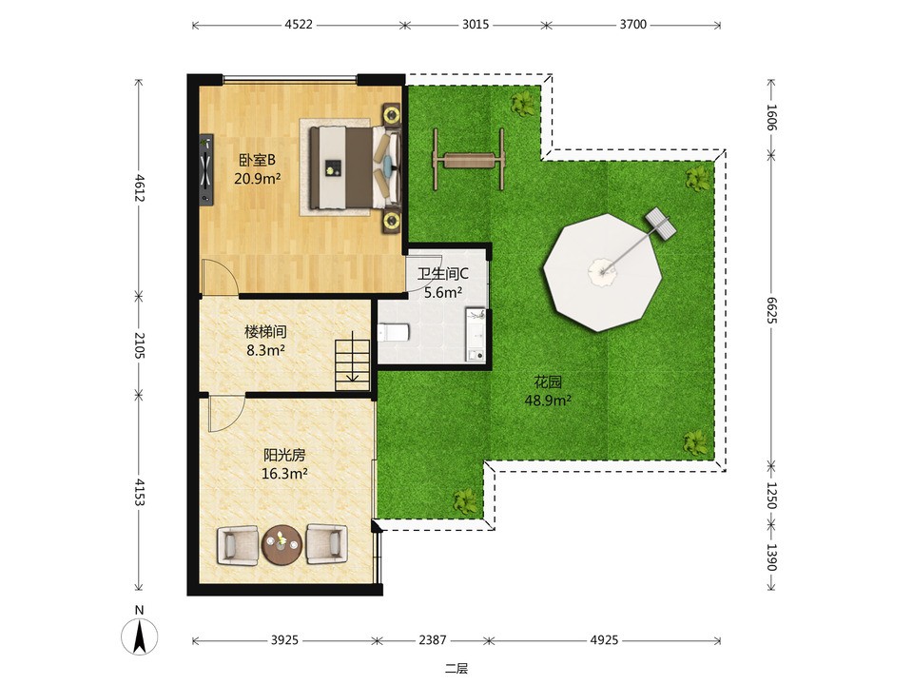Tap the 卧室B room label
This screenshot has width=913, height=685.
click(x=257, y=160)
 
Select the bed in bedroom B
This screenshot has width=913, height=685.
click(x=355, y=167)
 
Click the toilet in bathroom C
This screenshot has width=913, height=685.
click(x=394, y=332)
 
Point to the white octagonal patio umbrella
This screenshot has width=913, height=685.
click(x=603, y=272)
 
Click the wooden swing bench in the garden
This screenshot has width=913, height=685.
click(x=468, y=159)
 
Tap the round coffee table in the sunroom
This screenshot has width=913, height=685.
click(x=282, y=544)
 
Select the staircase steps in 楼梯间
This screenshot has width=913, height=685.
click(x=352, y=365)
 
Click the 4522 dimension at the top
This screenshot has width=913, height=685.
click(x=299, y=25)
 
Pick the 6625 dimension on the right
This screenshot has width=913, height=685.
click(x=771, y=310)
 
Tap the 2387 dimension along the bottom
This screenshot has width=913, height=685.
click(x=433, y=640)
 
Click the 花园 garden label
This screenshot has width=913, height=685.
click(x=548, y=382)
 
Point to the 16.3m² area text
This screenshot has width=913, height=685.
click(x=284, y=474)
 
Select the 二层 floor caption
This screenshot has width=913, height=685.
click(x=456, y=669)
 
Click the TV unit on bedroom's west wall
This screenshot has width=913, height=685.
click(x=206, y=169)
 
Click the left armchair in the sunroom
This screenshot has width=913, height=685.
click(x=238, y=544)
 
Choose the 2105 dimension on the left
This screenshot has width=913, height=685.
click(x=139, y=344)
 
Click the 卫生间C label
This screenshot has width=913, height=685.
click(x=443, y=273)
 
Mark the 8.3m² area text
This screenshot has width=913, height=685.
click(x=265, y=351)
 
